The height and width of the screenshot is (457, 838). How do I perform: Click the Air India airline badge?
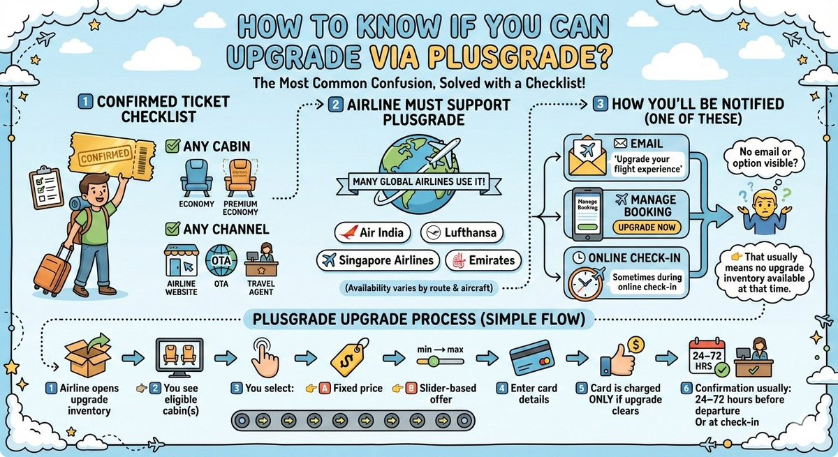(374, 232)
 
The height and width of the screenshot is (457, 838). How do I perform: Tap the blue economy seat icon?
(191, 177)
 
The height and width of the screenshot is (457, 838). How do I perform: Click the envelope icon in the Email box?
(587, 158)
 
